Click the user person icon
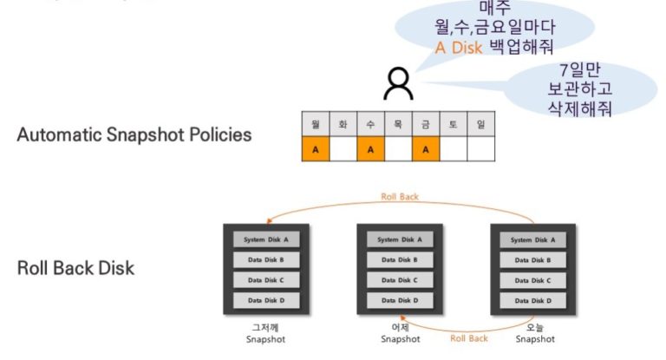pos(398,84)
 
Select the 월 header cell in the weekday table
pos(316,125)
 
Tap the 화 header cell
pos(343,125)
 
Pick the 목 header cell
pos(398,125)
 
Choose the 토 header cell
pos(453,125)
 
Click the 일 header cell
pos(480,125)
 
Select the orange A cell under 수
pos(370,149)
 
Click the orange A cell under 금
pos(425,149)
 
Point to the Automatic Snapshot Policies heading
pos(134,135)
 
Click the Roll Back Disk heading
pos(75,268)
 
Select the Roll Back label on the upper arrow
pos(399,197)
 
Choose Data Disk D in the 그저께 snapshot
pos(266,300)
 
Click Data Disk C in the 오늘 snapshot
pos(533,280)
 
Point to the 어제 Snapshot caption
pos(400,333)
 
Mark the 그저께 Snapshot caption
pos(265,333)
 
